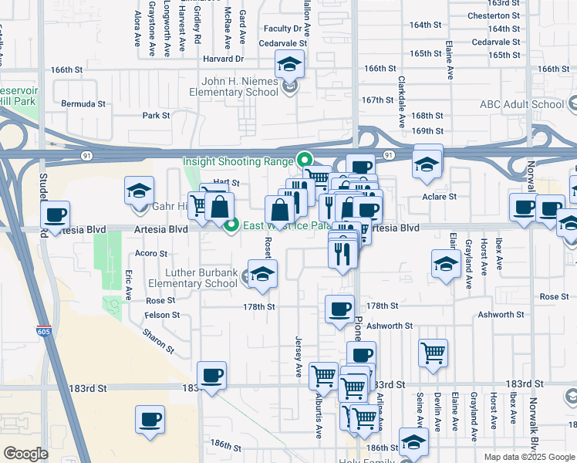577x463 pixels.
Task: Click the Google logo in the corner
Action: (25, 454)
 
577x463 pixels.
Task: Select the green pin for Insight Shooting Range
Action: (304, 161)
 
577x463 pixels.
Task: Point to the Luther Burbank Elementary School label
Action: (192, 278)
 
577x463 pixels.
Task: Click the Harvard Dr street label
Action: (223, 58)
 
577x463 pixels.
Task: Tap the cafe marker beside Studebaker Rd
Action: (56, 216)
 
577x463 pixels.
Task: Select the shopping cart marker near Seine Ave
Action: (434, 354)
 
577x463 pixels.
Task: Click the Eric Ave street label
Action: (128, 284)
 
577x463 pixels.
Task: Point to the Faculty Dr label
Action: (281, 29)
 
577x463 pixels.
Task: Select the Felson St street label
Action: (162, 315)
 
